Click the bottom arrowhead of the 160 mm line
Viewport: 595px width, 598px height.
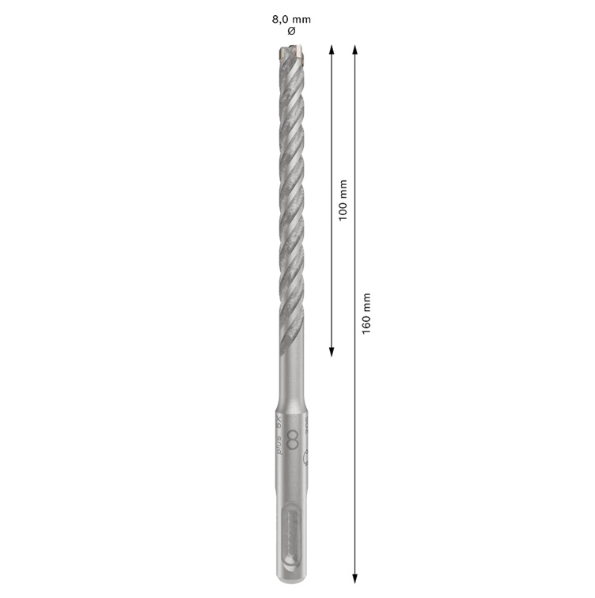pos(355,575)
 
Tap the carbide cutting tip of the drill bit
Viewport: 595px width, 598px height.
pos(290,55)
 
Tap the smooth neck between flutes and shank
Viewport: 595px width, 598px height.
pos(290,372)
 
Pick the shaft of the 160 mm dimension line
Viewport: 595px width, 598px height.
pos(355,435)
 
